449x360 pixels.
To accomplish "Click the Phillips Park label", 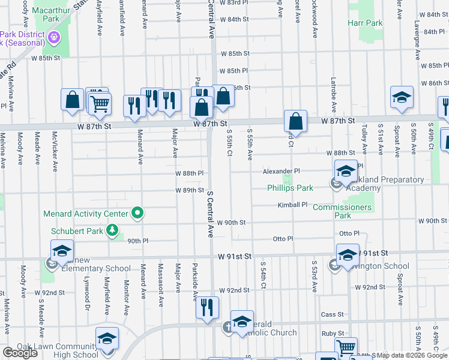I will (x=290, y=188).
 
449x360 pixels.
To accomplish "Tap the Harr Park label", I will (x=364, y=23).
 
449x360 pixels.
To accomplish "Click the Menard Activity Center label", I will (x=86, y=214).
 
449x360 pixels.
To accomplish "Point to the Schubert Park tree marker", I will (x=112, y=230).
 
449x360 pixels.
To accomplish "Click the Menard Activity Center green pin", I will (x=137, y=213).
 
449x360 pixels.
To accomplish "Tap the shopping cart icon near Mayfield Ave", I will (x=100, y=103).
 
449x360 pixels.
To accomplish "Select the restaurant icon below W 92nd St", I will (x=207, y=308).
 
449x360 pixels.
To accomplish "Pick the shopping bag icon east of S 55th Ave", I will (x=295, y=121).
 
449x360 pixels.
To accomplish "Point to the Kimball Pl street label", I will (x=292, y=205).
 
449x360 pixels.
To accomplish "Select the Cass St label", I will (x=332, y=314).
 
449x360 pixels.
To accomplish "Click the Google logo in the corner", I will (x=20, y=353).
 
